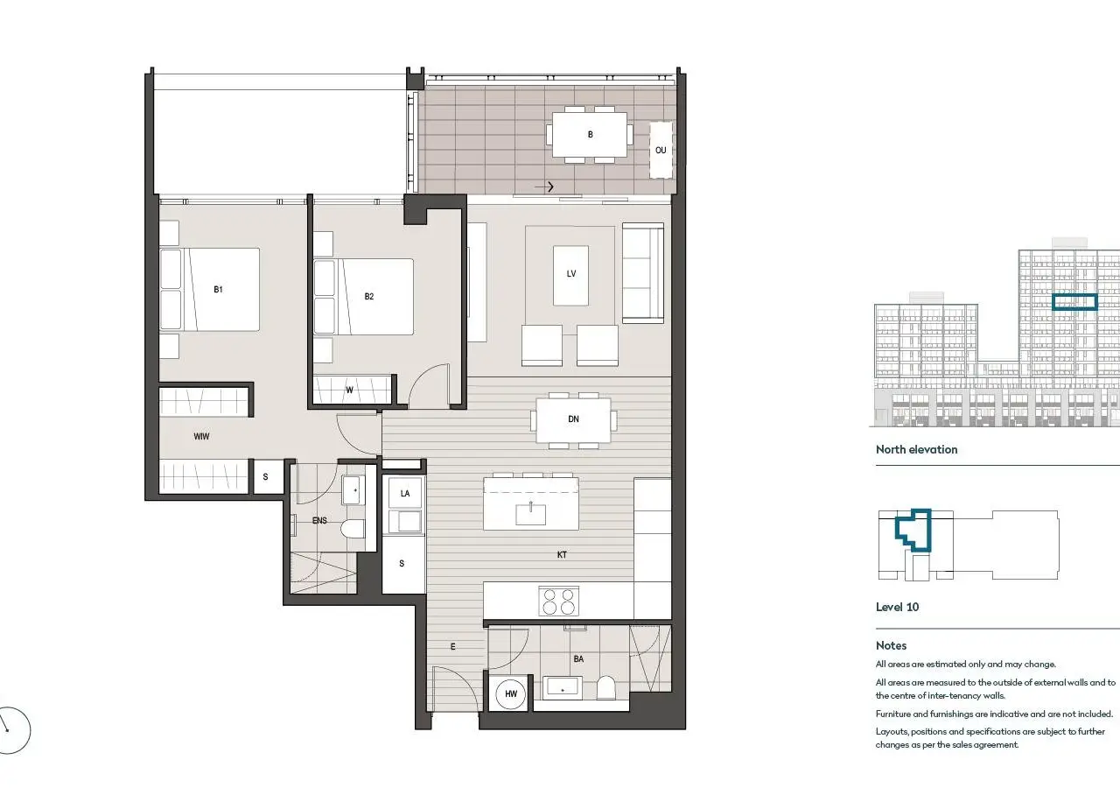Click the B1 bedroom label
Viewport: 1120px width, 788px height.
tap(218, 289)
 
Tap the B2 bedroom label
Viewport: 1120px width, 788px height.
tap(369, 296)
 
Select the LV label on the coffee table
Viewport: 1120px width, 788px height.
tap(571, 274)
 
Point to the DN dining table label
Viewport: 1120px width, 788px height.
tap(573, 419)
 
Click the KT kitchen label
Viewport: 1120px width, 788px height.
tap(562, 554)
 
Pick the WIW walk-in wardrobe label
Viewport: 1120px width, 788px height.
tap(201, 436)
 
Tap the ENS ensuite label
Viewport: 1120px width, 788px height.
tap(319, 520)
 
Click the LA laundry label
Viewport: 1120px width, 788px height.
tap(405, 493)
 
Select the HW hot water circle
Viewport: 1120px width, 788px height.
tap(511, 693)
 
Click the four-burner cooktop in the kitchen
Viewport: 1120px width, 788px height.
tap(559, 601)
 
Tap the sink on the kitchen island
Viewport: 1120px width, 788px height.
tap(530, 514)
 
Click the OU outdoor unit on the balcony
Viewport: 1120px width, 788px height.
tap(661, 150)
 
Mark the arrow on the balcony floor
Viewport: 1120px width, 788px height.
tap(544, 186)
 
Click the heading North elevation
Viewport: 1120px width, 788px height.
tap(916, 449)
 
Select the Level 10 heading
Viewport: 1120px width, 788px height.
tap(897, 607)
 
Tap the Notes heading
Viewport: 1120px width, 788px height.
tap(891, 645)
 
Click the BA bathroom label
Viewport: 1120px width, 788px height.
tap(578, 659)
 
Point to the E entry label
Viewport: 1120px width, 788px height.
tap(453, 646)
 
